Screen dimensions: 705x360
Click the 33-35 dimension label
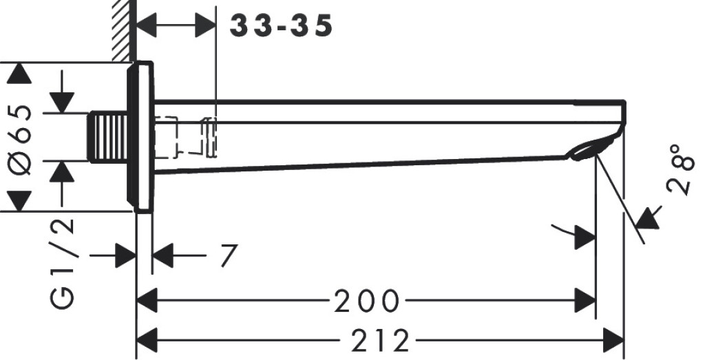(x=281, y=25)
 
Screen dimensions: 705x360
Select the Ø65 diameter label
(x=21, y=140)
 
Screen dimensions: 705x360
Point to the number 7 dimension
(x=229, y=255)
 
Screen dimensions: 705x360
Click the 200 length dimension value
(x=367, y=301)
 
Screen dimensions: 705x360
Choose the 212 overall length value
(x=380, y=341)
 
